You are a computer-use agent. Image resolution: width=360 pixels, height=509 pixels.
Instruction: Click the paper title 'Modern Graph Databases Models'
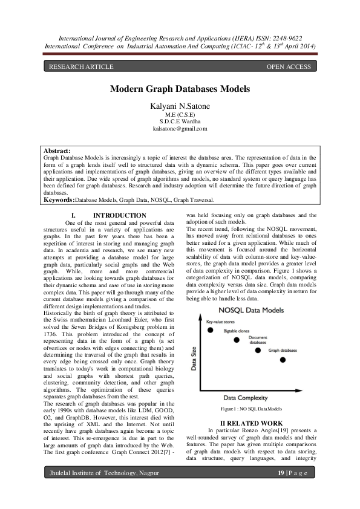(180, 89)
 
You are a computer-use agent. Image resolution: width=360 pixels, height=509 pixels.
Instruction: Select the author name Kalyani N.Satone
(180, 106)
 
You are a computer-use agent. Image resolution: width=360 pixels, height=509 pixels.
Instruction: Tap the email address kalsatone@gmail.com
(180, 128)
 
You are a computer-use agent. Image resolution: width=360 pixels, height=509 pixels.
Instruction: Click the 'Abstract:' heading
(57, 151)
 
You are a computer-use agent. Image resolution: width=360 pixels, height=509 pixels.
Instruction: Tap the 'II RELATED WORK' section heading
(250, 423)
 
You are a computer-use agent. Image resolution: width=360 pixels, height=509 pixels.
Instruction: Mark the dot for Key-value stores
(210, 330)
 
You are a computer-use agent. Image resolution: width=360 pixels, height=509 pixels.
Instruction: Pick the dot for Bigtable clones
(237, 340)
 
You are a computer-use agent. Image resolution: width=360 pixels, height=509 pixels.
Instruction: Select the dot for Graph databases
(283, 360)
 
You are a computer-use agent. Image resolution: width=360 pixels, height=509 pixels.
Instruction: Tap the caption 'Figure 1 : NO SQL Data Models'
(250, 409)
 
